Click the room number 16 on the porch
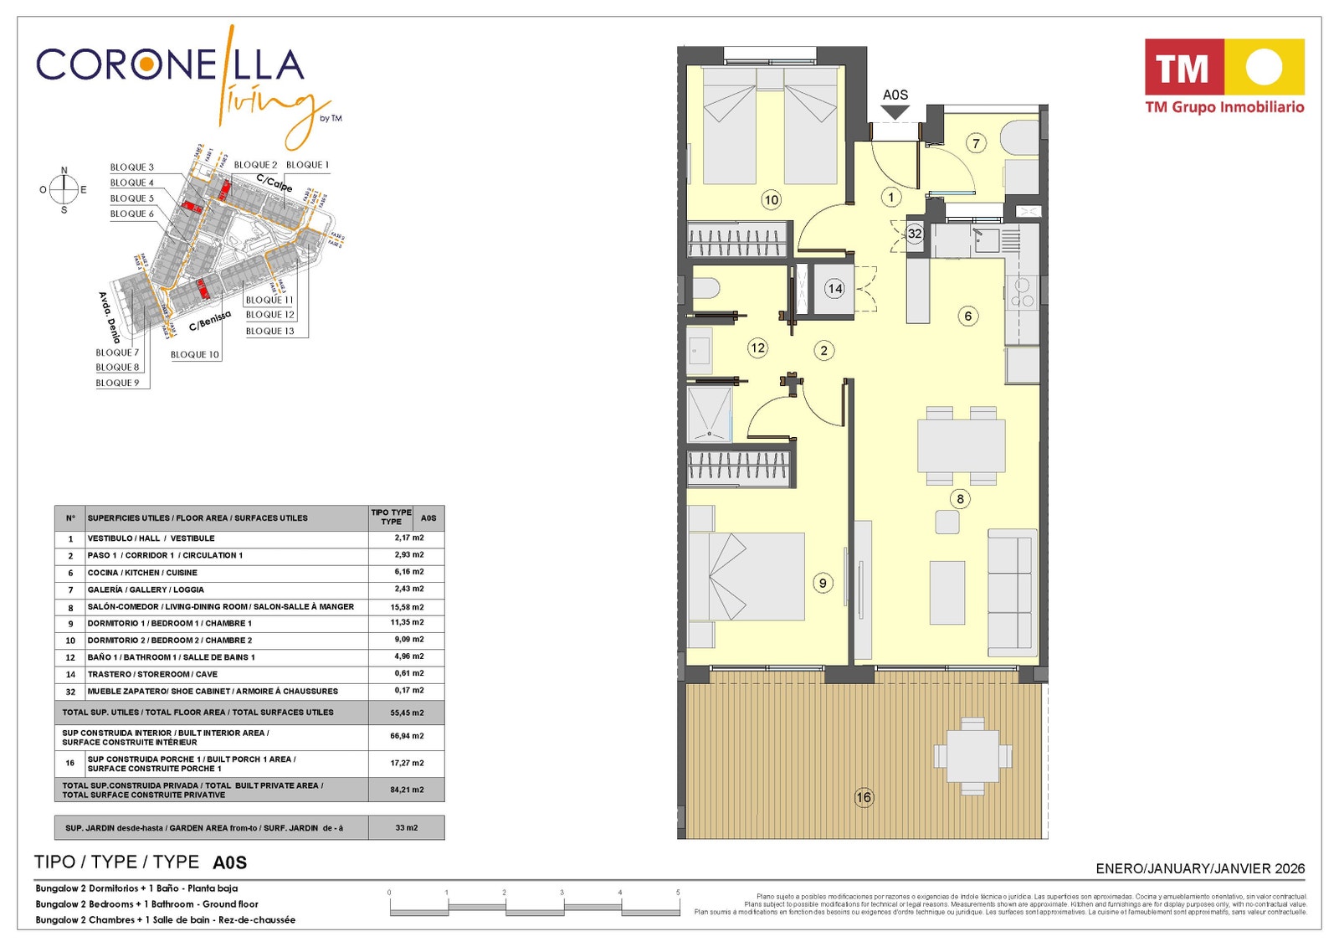coord(864,797)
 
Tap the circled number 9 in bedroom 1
coord(823,583)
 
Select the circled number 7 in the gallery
coord(976,143)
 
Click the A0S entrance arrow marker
coord(895,110)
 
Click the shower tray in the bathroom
coord(709,414)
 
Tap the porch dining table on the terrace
coord(972,756)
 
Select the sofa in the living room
coord(1011,593)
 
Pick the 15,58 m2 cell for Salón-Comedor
coord(407,607)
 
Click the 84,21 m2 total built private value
coord(407,790)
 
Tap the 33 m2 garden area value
coord(407,828)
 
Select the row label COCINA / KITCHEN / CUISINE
coord(142,573)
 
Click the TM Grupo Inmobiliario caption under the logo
coord(1224,107)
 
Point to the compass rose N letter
coord(64,171)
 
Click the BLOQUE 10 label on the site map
coord(194,355)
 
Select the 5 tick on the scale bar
coord(678,893)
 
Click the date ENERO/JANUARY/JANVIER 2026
coord(1200,869)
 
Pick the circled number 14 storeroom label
coord(834,289)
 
